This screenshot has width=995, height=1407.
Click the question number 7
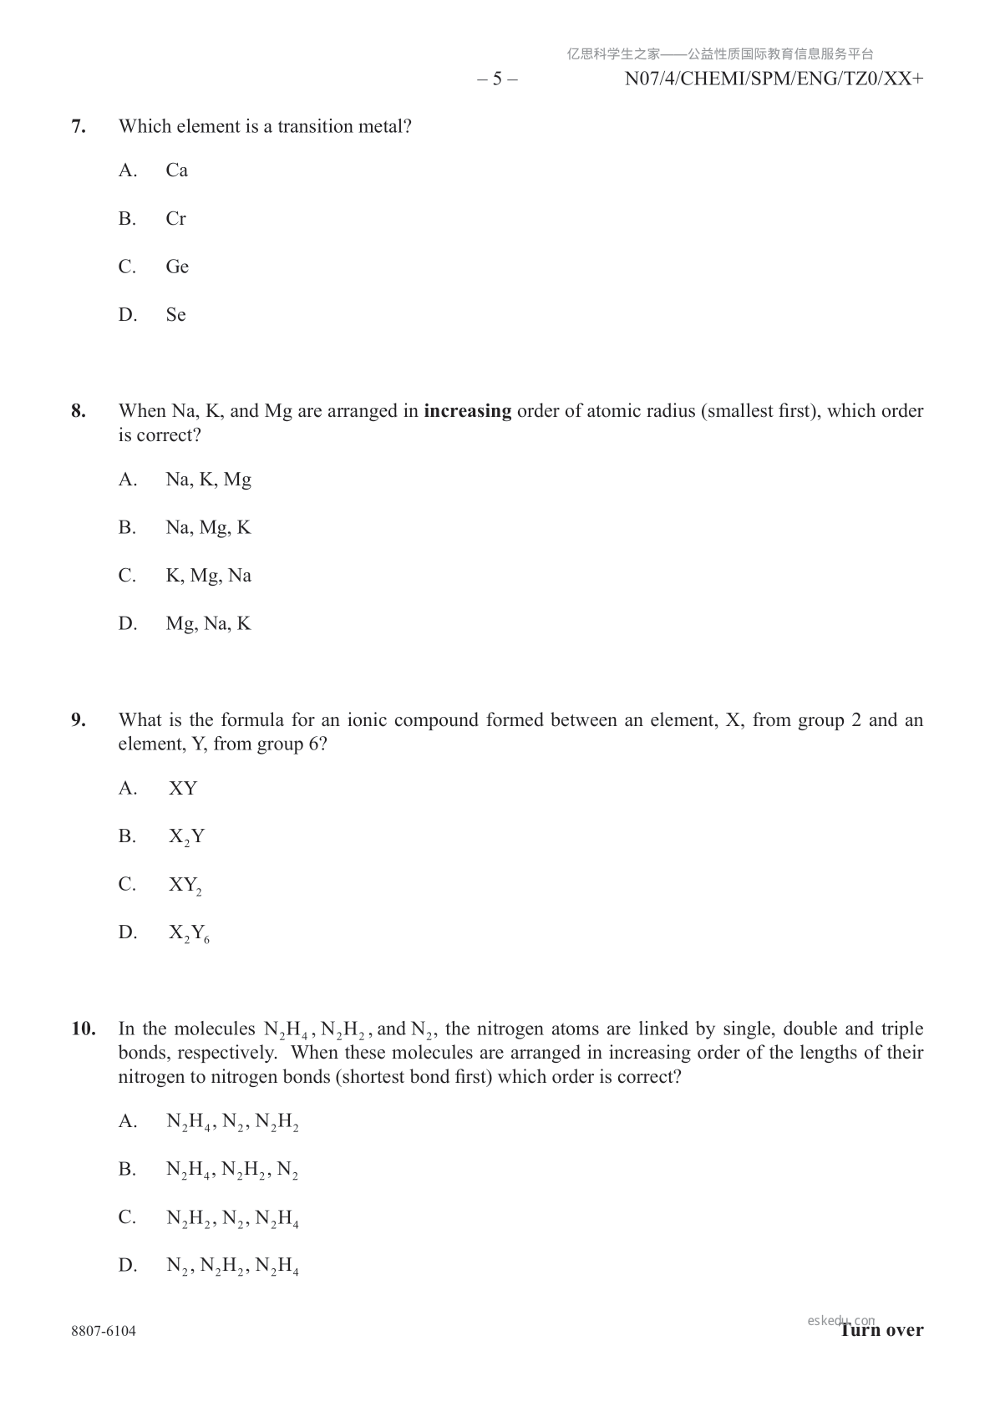79,127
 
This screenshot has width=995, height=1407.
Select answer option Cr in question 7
175,219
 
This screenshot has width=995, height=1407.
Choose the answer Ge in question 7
177,267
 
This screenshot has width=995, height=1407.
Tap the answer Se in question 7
175,315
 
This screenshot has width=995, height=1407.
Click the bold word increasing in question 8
467,411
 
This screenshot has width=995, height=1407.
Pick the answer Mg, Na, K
208,624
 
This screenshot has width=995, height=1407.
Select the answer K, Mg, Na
208,576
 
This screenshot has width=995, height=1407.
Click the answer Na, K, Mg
208,480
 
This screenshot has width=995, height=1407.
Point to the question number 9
79,720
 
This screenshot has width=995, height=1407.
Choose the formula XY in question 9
183,789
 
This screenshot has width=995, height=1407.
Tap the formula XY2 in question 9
185,886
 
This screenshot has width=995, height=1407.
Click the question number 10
83,1029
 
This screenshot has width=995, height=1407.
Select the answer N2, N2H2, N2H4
232,1267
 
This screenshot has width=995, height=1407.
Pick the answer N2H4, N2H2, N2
232,1170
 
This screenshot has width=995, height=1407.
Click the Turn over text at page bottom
882,1330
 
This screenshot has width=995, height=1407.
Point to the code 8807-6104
104,1332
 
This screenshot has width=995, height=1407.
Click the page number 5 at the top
497,79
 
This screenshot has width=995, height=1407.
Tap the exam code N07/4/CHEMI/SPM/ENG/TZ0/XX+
774,79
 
